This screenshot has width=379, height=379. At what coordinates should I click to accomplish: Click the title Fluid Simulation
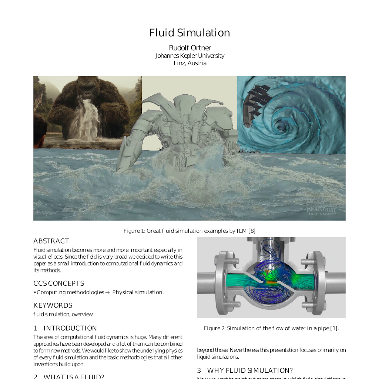pos(189,33)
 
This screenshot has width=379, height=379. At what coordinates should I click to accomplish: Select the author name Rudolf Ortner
pos(190,48)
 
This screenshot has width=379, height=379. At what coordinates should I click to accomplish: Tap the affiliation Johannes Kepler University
pos(189,56)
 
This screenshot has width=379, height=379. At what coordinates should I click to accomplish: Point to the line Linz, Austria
pos(190,63)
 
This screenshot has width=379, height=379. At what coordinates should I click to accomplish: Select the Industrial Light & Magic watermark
pos(321,211)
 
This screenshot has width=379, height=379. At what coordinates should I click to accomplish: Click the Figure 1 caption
pos(189,231)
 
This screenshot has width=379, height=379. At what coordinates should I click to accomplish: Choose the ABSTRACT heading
pos(51,241)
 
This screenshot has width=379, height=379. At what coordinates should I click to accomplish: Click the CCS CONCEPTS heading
pos(58,284)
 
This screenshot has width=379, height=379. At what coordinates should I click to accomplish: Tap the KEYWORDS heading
pos(53,305)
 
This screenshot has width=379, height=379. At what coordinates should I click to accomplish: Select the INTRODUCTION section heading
pos(70,328)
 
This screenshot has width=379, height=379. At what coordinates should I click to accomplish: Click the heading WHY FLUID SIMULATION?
pos(250,370)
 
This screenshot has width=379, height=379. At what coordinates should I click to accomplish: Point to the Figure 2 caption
pos(271,328)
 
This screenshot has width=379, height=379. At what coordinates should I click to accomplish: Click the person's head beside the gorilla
pos(40,128)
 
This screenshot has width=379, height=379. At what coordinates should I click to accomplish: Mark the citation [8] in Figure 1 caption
pos(252,231)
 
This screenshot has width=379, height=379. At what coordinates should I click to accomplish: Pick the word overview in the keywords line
pos(82,314)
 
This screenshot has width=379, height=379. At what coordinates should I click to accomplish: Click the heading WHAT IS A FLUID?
pos(74,376)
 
